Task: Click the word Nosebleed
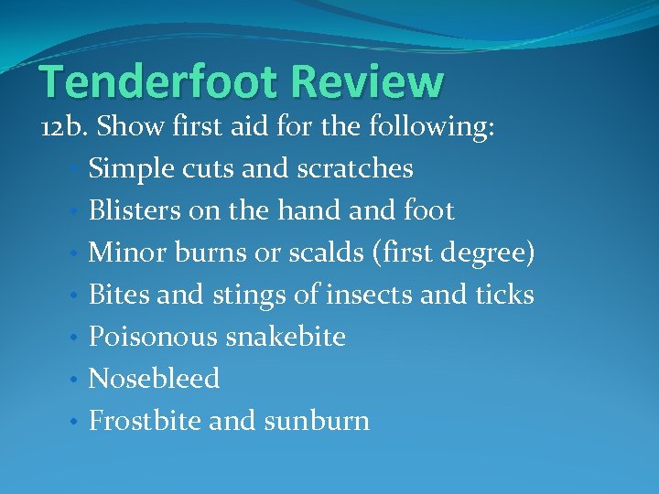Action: point(154,378)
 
